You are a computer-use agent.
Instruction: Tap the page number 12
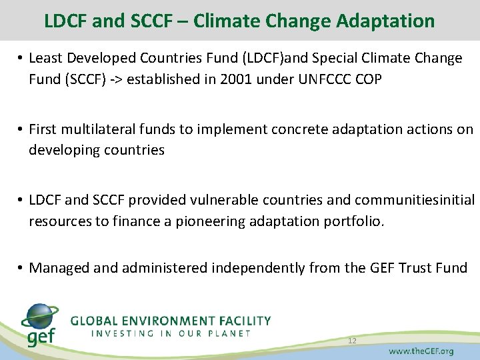351,341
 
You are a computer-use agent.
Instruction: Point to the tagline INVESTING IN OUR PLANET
171,333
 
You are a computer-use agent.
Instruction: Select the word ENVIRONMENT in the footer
163,321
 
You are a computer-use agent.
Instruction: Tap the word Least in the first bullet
47,59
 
